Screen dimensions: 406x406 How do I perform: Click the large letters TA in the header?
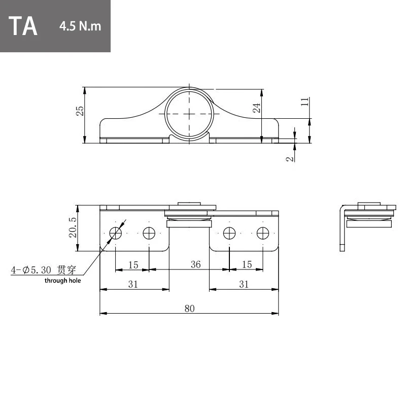click(x=23, y=26)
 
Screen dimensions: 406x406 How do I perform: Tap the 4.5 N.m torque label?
click(x=80, y=26)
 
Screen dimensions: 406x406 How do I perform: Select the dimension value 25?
click(x=80, y=111)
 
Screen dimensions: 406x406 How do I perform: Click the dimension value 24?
click(x=256, y=108)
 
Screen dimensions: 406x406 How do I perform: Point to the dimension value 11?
click(x=305, y=101)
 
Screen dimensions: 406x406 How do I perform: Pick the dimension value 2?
click(x=290, y=159)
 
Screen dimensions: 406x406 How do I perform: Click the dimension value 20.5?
click(x=73, y=227)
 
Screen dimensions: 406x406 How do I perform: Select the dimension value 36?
click(x=196, y=264)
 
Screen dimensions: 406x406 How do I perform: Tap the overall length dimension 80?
click(x=189, y=309)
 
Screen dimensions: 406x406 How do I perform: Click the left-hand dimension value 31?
click(x=133, y=284)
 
